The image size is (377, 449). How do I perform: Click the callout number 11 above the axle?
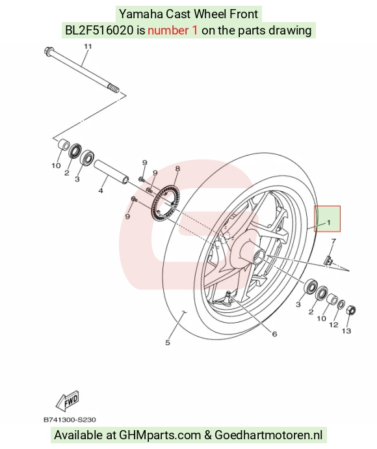[x=88, y=46]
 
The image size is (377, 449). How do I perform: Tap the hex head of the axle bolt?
[x=49, y=51]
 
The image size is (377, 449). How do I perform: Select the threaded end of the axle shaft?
[x=114, y=88]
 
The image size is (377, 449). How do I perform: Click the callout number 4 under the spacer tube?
[x=101, y=191]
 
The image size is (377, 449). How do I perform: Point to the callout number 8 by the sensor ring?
[x=177, y=169]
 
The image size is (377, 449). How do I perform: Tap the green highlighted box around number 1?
[x=328, y=219]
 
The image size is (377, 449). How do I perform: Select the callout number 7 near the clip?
[x=333, y=241]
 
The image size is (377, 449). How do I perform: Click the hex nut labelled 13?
[x=352, y=310]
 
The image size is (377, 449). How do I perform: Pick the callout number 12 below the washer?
[x=333, y=325]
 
